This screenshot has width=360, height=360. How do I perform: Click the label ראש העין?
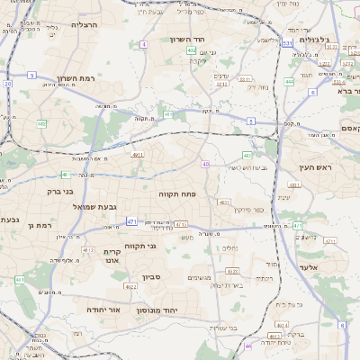click(x=314, y=167)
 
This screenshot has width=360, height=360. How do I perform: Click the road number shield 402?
click(x=192, y=51)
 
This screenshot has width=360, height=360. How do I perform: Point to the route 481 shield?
click(x=168, y=114)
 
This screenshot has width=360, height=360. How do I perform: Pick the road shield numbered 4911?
click(x=138, y=155)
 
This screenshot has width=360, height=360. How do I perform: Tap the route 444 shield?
click(x=290, y=81)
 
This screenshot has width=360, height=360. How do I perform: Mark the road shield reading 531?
click(x=287, y=42)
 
